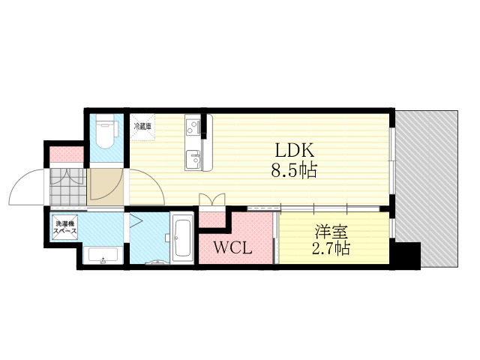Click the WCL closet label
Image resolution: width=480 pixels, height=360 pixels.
pos(232,247)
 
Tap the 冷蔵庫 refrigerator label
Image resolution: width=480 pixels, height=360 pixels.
pos(143,127)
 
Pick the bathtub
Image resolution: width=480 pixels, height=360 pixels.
pos(181,238)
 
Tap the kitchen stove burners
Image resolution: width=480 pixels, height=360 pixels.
pos(193,123)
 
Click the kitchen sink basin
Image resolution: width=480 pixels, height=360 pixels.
pos(193,158)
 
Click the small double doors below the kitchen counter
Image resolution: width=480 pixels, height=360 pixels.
pos(212,200)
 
